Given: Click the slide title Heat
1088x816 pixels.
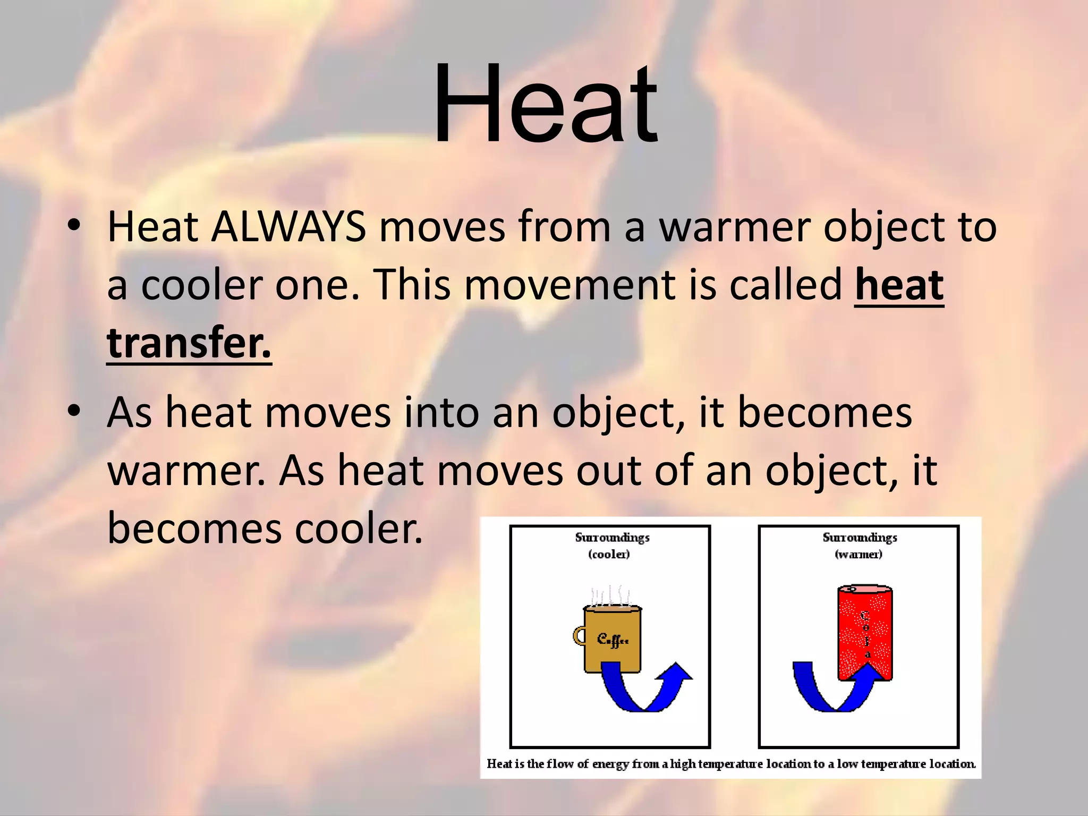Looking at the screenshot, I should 546,104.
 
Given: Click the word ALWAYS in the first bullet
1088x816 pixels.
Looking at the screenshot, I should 288,227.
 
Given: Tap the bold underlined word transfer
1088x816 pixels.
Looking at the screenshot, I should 189,343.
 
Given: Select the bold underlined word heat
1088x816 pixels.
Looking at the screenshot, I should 899,286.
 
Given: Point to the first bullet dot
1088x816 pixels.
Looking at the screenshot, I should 74,225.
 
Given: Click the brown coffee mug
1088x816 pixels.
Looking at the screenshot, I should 613,640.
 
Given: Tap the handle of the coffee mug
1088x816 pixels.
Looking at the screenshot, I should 579,636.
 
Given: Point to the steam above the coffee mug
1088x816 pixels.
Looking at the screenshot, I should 611,596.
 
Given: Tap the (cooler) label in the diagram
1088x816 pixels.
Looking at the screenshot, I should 609,555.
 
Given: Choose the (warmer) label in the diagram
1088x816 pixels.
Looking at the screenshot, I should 859,555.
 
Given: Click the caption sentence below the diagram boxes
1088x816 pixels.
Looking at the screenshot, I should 731,764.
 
